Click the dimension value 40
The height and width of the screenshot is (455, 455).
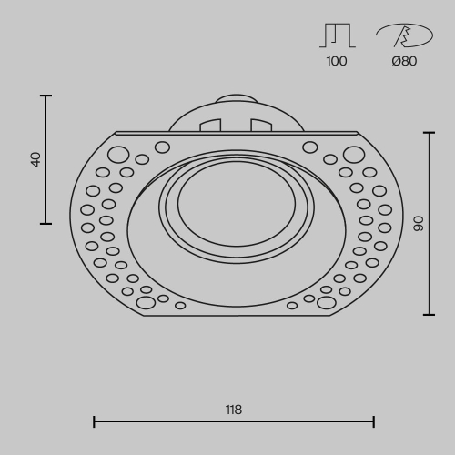point(36,158)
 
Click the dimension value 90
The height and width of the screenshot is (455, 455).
point(419,223)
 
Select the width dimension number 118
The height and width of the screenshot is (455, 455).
point(234,409)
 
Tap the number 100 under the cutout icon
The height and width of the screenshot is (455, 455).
point(337,62)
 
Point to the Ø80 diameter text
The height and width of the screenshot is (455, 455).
point(404,62)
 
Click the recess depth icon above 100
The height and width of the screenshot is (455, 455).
point(337,35)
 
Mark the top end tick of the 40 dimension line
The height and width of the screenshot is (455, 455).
point(46,95)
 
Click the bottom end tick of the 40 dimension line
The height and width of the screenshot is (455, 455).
point(46,223)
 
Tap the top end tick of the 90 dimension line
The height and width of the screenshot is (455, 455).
point(429,132)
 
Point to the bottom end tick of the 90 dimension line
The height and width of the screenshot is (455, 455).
point(429,314)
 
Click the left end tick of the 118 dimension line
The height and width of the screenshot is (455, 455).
point(95,421)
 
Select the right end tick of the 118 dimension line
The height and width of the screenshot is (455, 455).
point(374,421)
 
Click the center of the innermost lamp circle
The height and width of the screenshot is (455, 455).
point(236,201)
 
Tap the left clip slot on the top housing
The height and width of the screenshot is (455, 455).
point(210,125)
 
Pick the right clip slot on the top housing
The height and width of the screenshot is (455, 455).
point(261,125)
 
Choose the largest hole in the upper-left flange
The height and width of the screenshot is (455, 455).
point(118,154)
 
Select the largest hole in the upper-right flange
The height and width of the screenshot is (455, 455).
point(354,154)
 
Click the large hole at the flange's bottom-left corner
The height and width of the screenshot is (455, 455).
point(146,302)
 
